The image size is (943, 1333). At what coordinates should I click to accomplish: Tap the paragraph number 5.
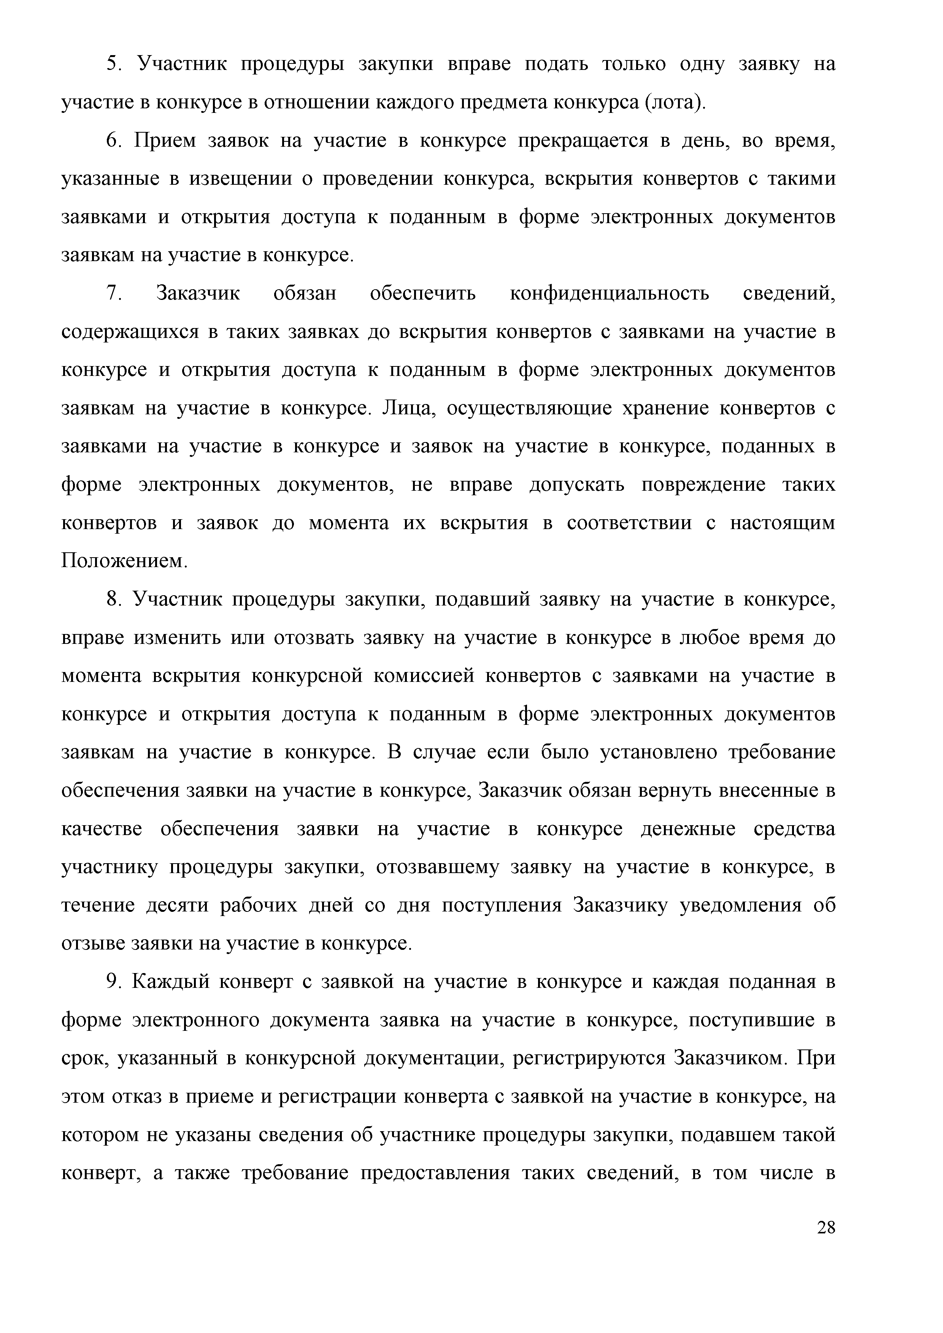click(113, 64)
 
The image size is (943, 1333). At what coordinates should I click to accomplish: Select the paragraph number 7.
click(113, 294)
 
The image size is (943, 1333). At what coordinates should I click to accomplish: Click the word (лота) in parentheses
click(672, 103)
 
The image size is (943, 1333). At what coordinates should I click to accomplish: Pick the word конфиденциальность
click(609, 294)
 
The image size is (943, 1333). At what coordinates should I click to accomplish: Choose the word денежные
click(688, 829)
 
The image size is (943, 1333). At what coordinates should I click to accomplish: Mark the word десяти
click(177, 906)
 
